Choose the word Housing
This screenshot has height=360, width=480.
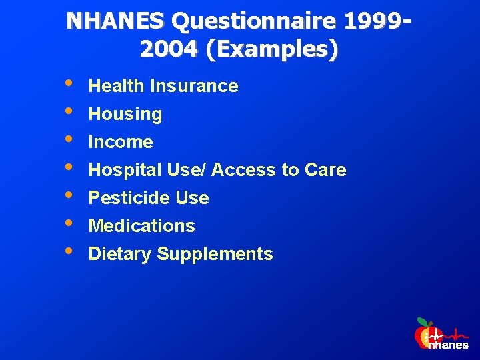[x=125, y=114]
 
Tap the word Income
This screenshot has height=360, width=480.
[x=121, y=142]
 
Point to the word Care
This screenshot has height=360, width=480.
[x=325, y=170]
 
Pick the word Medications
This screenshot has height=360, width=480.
[x=141, y=226]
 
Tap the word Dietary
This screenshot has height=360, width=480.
[x=118, y=254]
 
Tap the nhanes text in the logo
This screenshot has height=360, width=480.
[x=447, y=345]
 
